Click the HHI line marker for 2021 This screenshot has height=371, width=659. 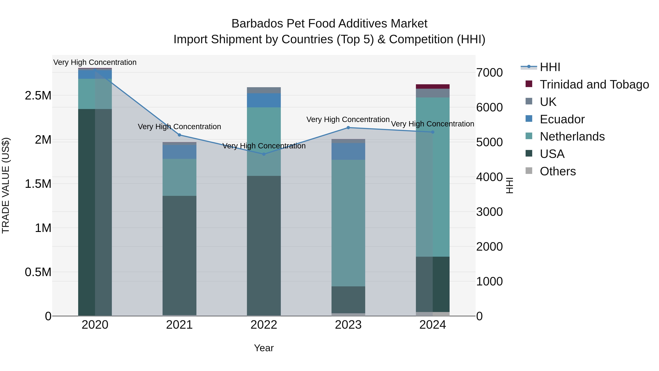coord(179,135)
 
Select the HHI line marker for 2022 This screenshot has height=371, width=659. coord(264,154)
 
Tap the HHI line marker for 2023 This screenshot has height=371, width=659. coord(348,128)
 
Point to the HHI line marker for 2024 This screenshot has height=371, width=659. coord(433,132)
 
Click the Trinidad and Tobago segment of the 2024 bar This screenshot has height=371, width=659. coord(433,86)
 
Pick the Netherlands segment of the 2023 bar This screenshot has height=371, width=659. coord(348,223)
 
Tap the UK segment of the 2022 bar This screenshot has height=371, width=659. coord(264,90)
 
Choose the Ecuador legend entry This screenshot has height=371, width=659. coord(562,119)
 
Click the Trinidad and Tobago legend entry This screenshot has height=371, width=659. coord(594,84)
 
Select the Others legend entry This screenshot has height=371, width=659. coord(558,171)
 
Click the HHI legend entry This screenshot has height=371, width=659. coord(550,67)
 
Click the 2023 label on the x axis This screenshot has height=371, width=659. coord(348,325)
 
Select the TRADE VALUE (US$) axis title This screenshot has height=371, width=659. coord(6,185)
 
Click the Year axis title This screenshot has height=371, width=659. coord(264,348)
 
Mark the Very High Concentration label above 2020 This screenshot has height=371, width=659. coord(95,62)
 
